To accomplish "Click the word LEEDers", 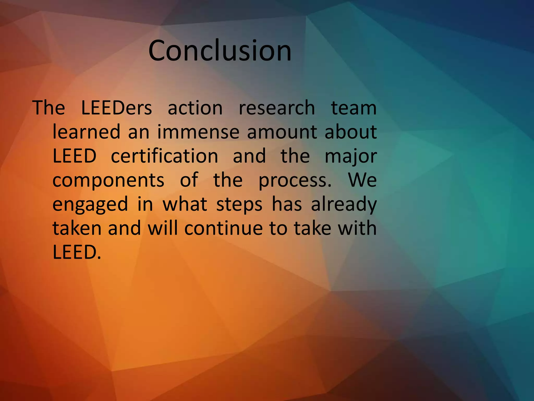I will [116, 108].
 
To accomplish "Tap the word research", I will [277, 108].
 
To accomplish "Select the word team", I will [354, 108].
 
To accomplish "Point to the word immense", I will [198, 132].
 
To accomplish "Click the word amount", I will [282, 132].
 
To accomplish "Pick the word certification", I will [165, 156].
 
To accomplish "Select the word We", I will [362, 180].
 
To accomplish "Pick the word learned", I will [86, 132].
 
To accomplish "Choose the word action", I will [195, 108].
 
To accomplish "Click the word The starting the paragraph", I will [49, 108].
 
